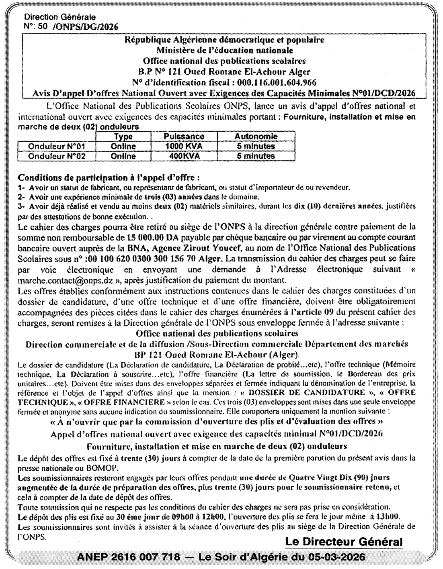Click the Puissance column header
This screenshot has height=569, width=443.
tap(184, 137)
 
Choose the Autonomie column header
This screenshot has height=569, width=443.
tap(256, 137)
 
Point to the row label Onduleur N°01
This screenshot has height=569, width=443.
tap(62, 146)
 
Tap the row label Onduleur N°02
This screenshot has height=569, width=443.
tap(62, 156)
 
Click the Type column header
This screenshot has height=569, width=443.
tap(123, 137)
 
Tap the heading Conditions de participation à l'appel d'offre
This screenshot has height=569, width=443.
tap(109, 177)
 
